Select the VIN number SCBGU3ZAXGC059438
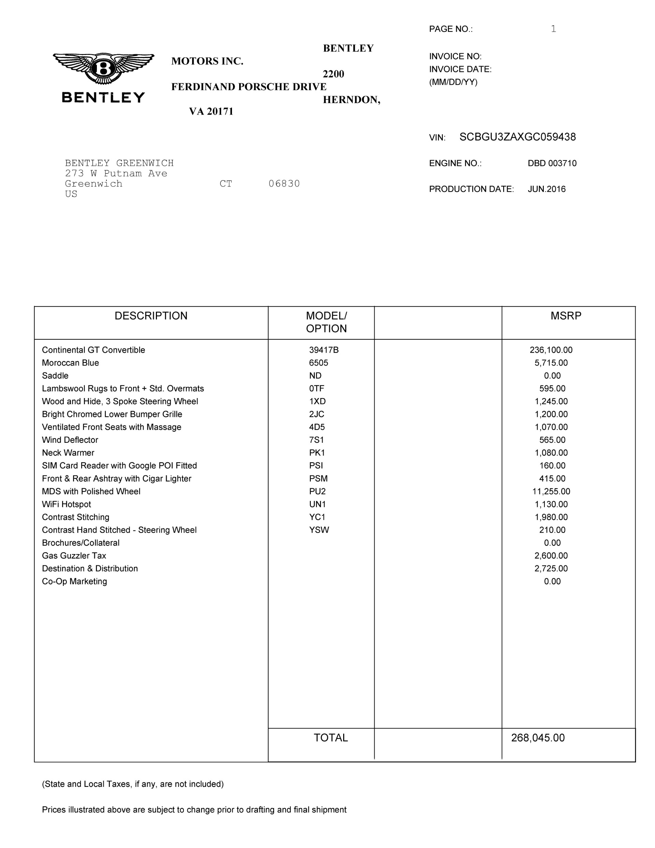coord(517,137)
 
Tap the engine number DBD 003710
coord(552,164)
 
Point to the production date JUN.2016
coord(547,189)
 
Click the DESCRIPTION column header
coord(151,316)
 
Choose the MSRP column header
coord(566,316)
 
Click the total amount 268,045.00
coord(538,738)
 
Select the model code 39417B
coord(324,350)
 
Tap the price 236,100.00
coord(551,350)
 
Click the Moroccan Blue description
coord(70,363)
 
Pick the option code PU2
coord(317,492)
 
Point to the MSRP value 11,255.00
coord(551,492)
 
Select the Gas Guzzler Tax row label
coord(74,556)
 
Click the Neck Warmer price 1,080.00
coord(551,453)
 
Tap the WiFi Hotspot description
coord(67,504)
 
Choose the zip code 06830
coord(284,184)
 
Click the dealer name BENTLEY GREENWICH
coord(119,163)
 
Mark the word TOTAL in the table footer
coord(331,738)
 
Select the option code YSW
coord(319,530)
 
